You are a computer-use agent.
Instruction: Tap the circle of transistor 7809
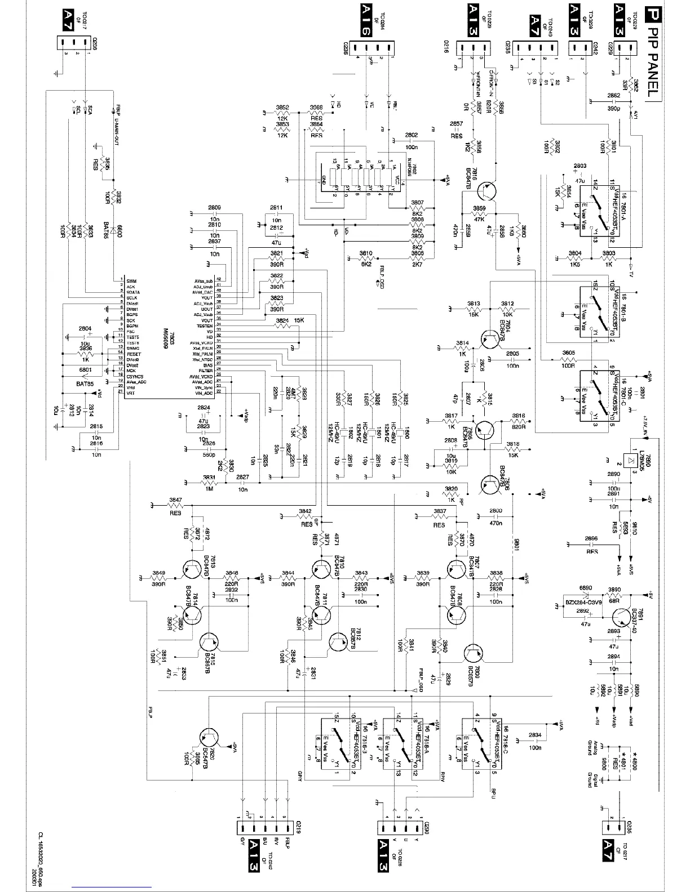[x=473, y=653]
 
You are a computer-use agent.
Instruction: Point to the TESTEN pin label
[x=205, y=326]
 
